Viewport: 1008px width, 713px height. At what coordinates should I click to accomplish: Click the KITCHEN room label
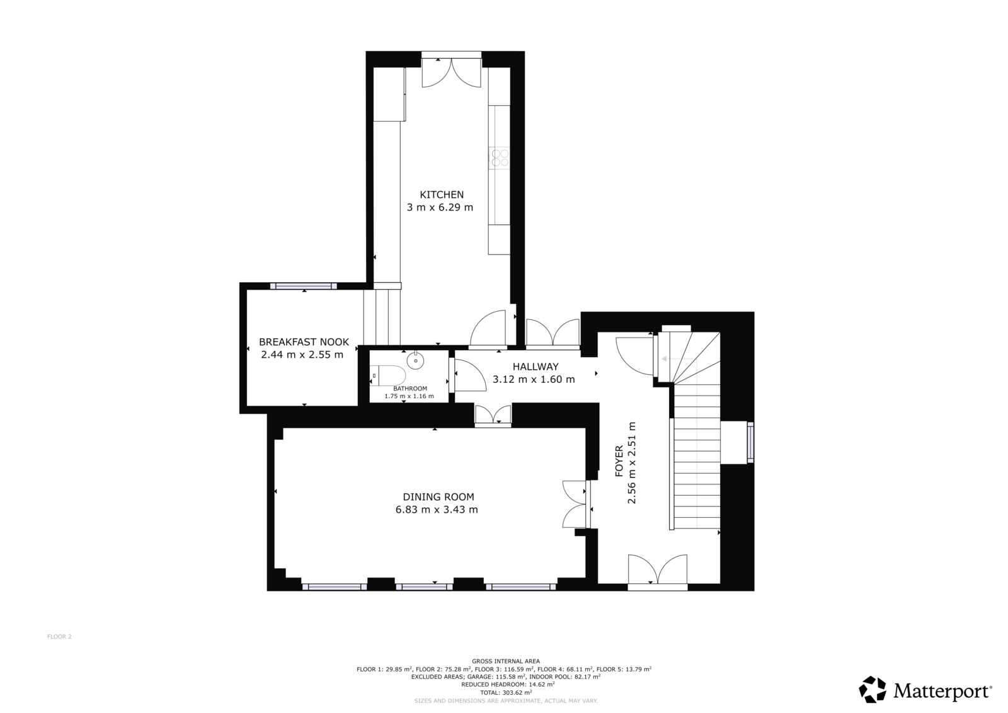(x=442, y=195)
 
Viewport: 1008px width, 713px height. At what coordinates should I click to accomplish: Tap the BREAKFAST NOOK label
(x=304, y=342)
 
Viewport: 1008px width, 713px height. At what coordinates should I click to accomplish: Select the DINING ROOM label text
(x=438, y=497)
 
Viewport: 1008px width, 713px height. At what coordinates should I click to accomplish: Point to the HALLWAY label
(x=535, y=367)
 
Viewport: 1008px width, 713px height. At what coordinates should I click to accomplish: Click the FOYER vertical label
(x=619, y=461)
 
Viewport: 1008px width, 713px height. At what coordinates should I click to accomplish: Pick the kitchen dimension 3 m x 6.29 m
(x=440, y=207)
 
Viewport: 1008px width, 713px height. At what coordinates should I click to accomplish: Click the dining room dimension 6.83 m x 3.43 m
(x=437, y=510)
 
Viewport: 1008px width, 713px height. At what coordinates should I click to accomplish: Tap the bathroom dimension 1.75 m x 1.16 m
(x=409, y=396)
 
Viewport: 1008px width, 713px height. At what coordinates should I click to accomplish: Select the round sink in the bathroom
(x=415, y=361)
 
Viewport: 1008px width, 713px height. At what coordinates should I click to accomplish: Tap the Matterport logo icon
(x=873, y=689)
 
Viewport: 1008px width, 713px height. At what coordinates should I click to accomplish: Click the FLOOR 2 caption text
(x=59, y=637)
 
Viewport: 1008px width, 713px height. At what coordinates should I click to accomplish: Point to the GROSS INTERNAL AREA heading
(x=506, y=661)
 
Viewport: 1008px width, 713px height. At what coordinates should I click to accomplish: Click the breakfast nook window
(x=303, y=286)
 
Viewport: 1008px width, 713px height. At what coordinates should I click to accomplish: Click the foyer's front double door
(x=658, y=571)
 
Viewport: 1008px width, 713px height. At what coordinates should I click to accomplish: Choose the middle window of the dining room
(x=424, y=586)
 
